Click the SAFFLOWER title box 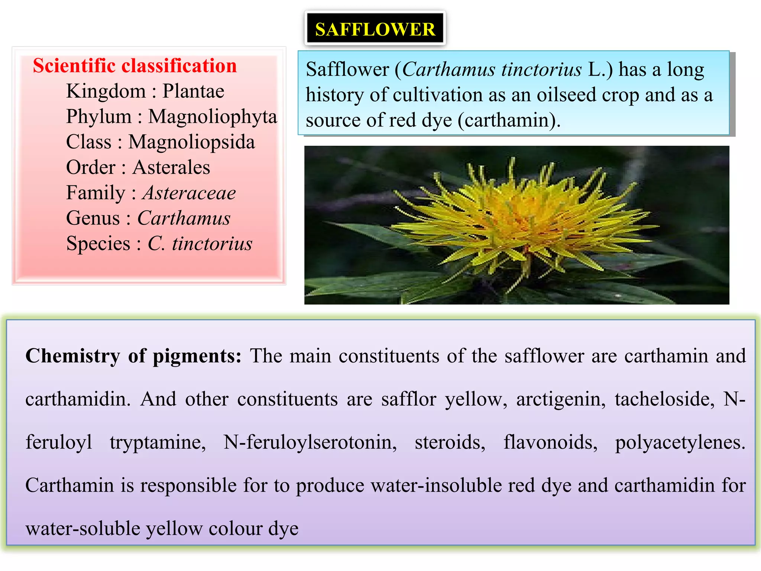(x=375, y=29)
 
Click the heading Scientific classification (x=135, y=66)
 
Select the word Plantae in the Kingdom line (x=193, y=91)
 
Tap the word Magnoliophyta (x=213, y=116)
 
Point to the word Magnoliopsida (x=191, y=142)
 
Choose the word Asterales (x=171, y=167)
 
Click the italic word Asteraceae (x=189, y=193)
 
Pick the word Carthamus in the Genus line (x=184, y=218)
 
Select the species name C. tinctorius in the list (x=200, y=243)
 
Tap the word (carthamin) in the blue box (x=509, y=120)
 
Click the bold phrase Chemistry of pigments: (x=133, y=356)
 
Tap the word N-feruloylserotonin (x=310, y=442)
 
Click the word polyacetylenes (x=680, y=443)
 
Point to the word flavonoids (x=550, y=442)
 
